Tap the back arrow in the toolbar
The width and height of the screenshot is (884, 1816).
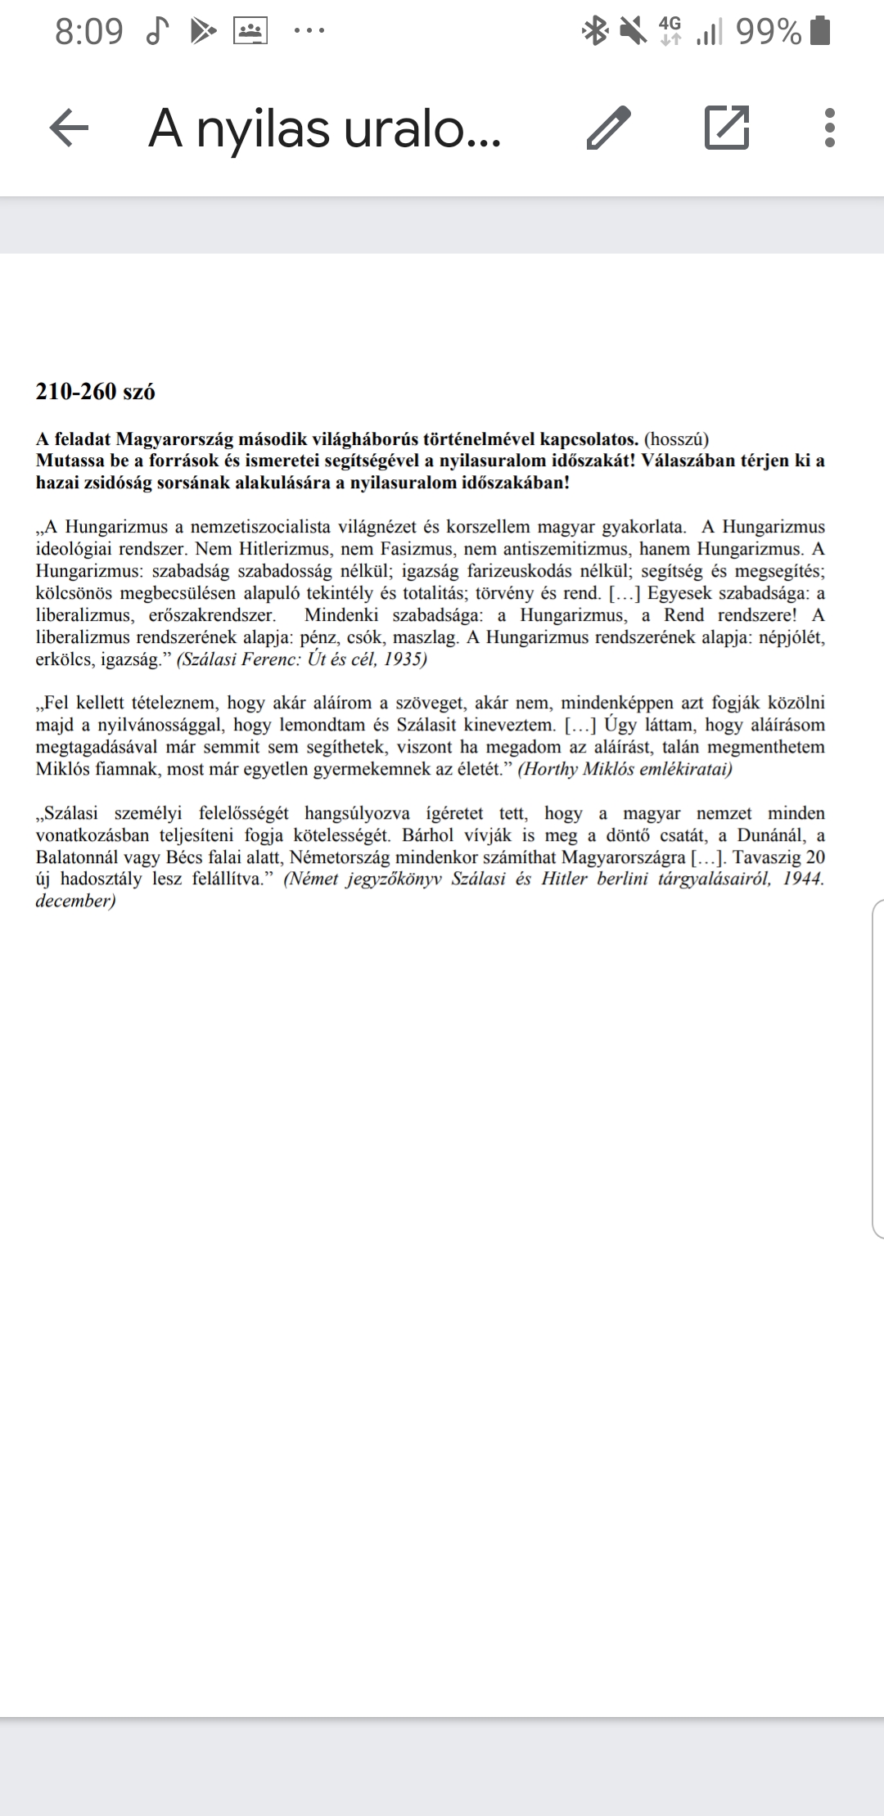pyautogui.click(x=69, y=128)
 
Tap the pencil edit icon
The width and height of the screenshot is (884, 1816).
pyautogui.click(x=610, y=128)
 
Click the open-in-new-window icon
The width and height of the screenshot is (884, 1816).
pyautogui.click(x=727, y=128)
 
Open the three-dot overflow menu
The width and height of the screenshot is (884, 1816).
pyautogui.click(x=830, y=128)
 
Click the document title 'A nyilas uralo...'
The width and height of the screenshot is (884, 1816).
pyautogui.click(x=324, y=129)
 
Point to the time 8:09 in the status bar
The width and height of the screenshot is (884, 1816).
pyautogui.click(x=88, y=32)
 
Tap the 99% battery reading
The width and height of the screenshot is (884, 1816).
pyautogui.click(x=768, y=32)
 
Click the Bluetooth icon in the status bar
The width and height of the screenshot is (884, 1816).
pyautogui.click(x=595, y=32)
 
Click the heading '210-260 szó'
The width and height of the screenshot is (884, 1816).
pyautogui.click(x=95, y=392)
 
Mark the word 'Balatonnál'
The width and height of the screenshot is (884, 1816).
pyautogui.click(x=78, y=857)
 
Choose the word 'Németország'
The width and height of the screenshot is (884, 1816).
pyautogui.click(x=344, y=857)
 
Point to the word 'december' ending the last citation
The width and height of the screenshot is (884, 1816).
pyautogui.click(x=73, y=901)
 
